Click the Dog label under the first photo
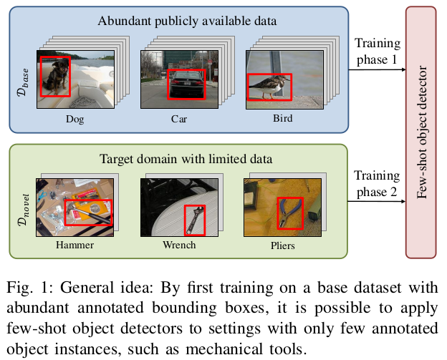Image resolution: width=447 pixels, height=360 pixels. [x=74, y=119]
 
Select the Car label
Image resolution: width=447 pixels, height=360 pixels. [x=179, y=119]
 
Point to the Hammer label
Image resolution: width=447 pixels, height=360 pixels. [x=74, y=245]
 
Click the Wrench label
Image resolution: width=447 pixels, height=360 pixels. [x=179, y=245]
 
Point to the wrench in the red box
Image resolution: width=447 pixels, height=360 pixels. [x=194, y=220]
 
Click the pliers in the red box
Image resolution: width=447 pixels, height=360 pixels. [x=289, y=212]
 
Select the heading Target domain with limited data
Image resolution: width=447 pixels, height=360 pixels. [x=179, y=159]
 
